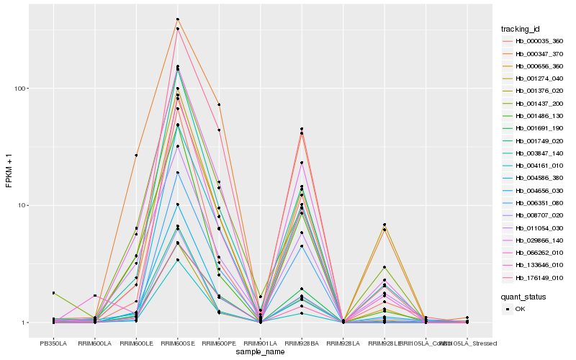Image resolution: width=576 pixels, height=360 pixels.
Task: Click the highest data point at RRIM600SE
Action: [x=177, y=19]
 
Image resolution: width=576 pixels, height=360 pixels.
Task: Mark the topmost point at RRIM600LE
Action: [x=136, y=156]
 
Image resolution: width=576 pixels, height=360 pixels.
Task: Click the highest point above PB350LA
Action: [x=53, y=293]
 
